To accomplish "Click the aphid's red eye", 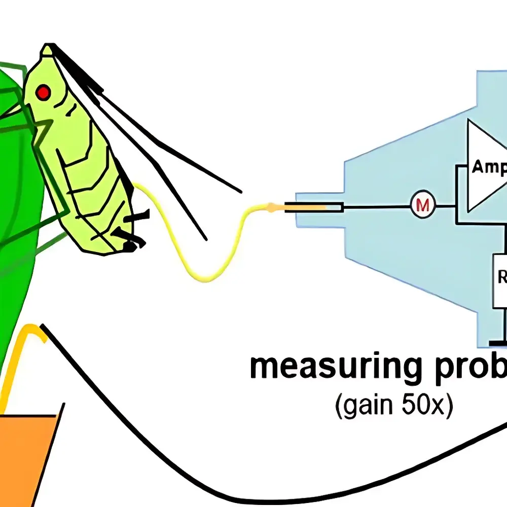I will pyautogui.click(x=44, y=92).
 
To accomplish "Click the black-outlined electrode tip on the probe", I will pyautogui.click(x=314, y=207).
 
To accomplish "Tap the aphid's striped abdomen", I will pyautogui.click(x=101, y=193).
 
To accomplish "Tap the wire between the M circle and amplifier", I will pyautogui.click(x=446, y=206).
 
